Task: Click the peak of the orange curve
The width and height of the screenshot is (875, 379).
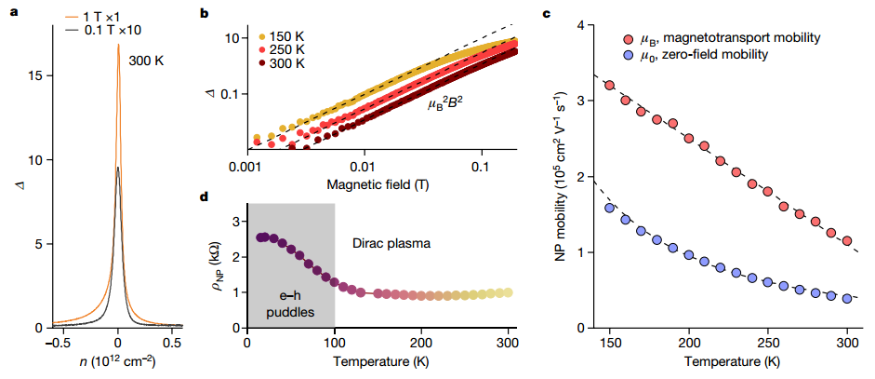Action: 118,45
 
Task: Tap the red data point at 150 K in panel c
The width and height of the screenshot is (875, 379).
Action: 610,86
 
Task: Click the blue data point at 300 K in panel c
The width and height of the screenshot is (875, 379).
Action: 847,298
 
